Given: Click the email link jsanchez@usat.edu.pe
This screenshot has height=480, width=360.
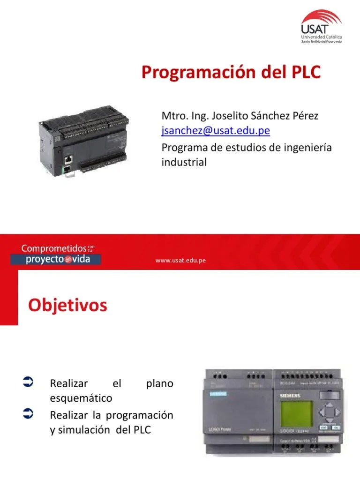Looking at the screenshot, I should coord(216,130).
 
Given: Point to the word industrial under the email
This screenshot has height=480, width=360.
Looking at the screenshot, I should coord(184,162).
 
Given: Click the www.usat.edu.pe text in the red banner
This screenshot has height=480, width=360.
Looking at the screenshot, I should coord(181,261).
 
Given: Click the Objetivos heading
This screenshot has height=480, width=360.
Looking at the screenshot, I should coord(67,305).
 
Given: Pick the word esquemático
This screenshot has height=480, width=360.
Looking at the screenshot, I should coord(81,398).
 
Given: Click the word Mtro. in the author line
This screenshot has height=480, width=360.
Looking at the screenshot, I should coord(172,115).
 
